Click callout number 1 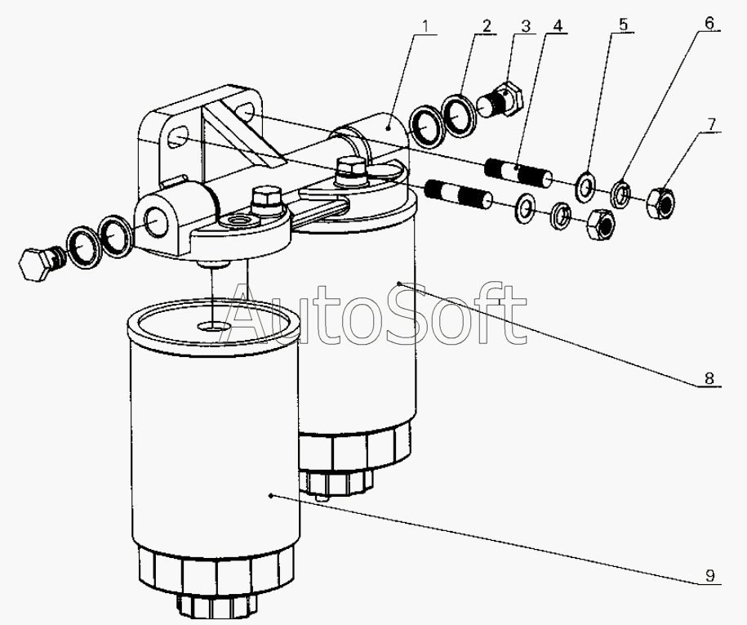(427, 27)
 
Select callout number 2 (487, 26)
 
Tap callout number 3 (525, 26)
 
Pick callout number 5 (624, 25)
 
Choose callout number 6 (709, 23)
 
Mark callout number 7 (711, 124)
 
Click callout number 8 (709, 378)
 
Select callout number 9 (710, 576)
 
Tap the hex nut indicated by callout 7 (660, 203)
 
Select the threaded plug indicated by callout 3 (501, 100)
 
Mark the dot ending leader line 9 (271, 496)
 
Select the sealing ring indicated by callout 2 (460, 116)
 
